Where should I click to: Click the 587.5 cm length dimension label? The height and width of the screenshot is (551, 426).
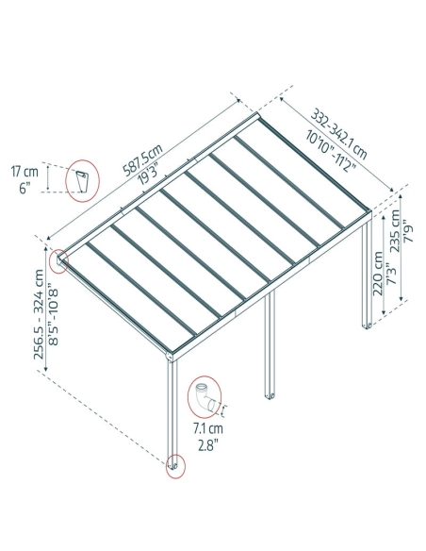pos(143,159)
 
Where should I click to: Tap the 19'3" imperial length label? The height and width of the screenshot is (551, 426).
pos(149,173)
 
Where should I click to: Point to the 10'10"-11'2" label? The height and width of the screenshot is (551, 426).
pos(330,150)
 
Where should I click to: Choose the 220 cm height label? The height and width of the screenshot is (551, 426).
pos(378,274)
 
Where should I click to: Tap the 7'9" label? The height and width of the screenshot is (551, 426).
pos(409,231)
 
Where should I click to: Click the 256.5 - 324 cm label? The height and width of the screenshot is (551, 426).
pos(39,314)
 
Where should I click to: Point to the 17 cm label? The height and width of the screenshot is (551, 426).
pos(25,173)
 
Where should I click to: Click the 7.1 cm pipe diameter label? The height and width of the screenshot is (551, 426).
pos(208,428)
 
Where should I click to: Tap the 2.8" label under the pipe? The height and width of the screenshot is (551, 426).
pos(208,445)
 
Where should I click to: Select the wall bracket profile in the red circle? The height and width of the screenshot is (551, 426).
pos(82,181)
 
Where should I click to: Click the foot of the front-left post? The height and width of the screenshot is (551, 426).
pos(174,466)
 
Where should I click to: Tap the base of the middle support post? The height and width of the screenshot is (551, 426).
pos(270,395)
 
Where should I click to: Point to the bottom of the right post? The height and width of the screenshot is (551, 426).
pos(367,326)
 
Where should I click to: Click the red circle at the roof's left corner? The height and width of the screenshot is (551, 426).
pos(58,260)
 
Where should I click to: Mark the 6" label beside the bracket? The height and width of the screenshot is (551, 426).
pos(24,188)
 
